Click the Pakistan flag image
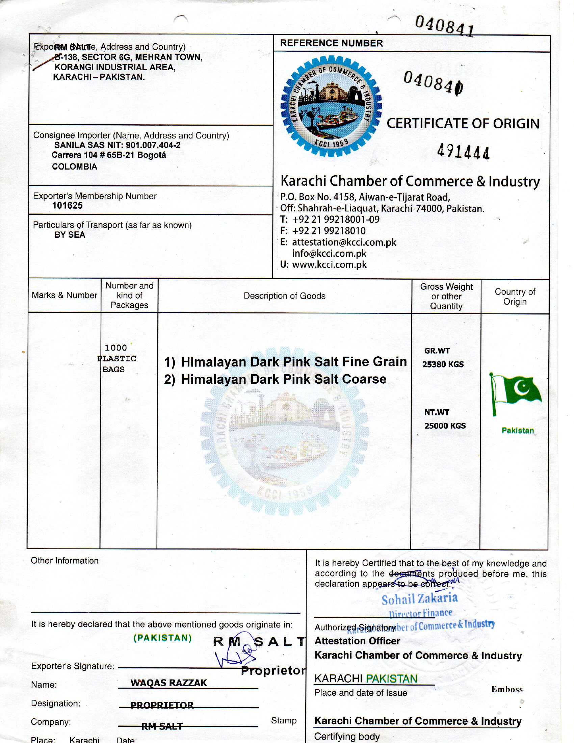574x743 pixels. click(x=516, y=394)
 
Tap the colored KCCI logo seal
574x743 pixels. click(x=331, y=107)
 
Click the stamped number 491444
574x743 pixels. click(x=463, y=151)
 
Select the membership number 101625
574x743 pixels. click(x=67, y=205)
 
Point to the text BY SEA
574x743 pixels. click(x=70, y=235)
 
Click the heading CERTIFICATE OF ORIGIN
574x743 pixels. click(x=463, y=124)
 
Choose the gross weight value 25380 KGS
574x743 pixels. click(x=443, y=364)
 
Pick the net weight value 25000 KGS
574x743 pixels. click(x=445, y=426)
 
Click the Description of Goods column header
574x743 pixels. click(x=284, y=296)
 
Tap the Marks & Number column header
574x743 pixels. click(x=64, y=295)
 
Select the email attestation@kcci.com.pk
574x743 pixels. click(x=344, y=242)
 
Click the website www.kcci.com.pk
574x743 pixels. click(x=329, y=265)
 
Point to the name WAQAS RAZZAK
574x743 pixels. click(x=169, y=683)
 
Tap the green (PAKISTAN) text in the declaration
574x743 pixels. click(x=162, y=638)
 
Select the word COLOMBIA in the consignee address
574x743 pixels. click(x=75, y=167)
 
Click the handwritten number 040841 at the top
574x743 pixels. click(x=444, y=26)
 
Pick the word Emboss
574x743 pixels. click(x=507, y=689)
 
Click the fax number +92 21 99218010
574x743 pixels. click(x=329, y=231)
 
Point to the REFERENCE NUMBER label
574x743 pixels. click(x=331, y=43)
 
